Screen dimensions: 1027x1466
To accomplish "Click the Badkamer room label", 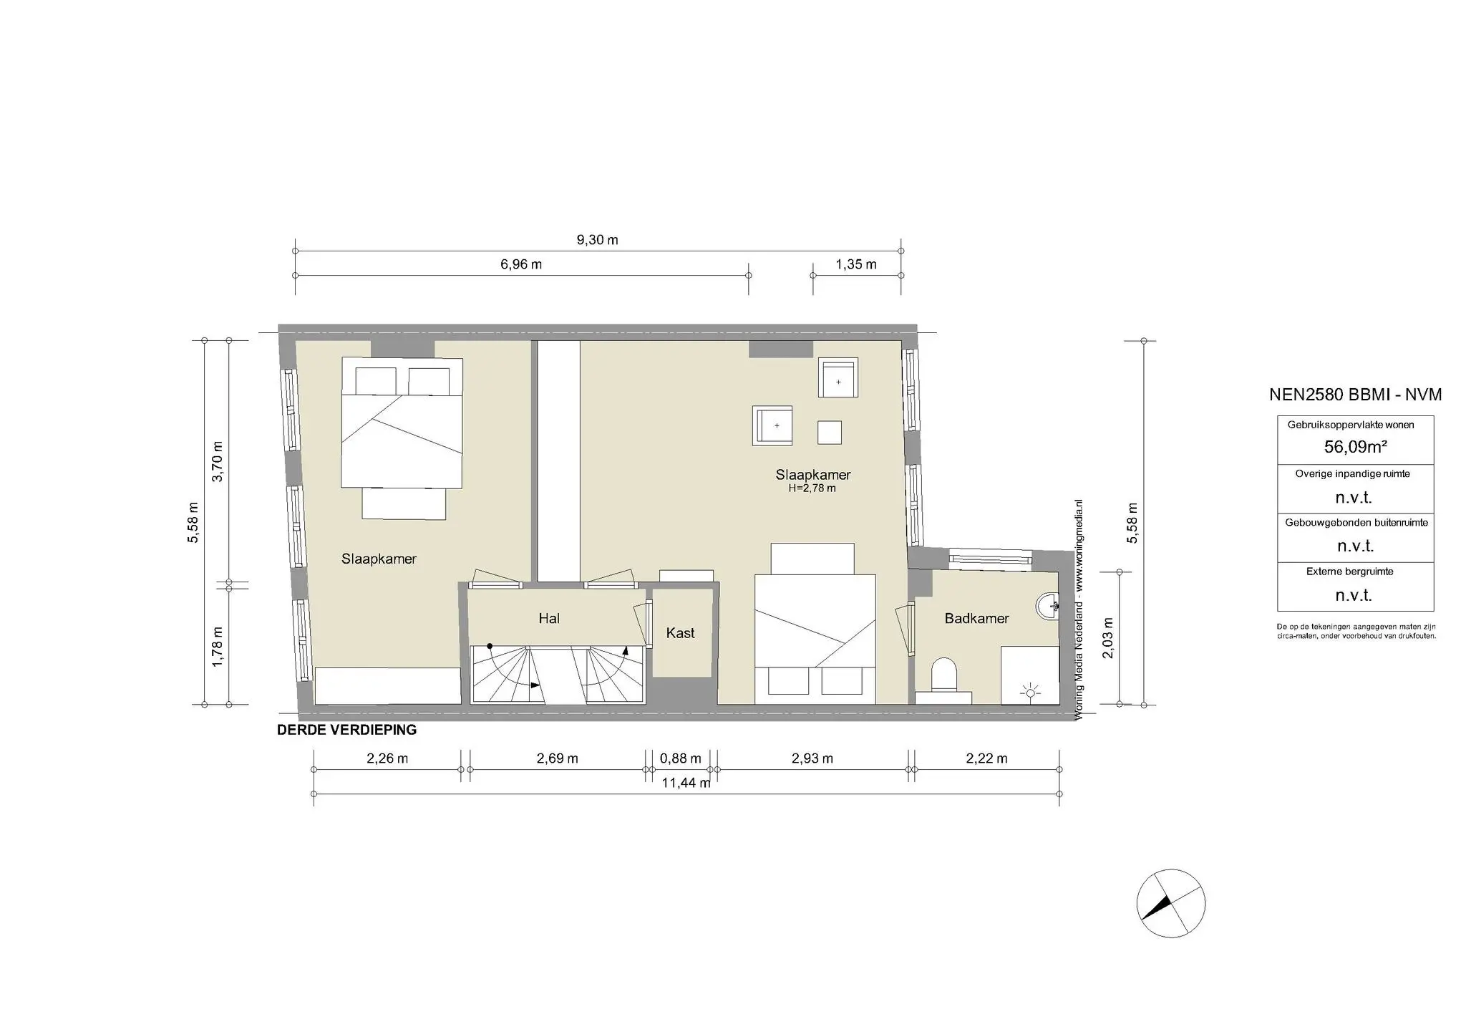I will pos(976,618).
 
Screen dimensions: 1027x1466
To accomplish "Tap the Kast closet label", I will pos(680,633).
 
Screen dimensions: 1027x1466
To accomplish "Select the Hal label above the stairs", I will pos(549,618).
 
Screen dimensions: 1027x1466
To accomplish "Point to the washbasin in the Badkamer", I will pos(1049,606).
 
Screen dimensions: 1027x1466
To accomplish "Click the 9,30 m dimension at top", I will pos(597,240).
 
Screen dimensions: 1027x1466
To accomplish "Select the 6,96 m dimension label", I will pos(520,264).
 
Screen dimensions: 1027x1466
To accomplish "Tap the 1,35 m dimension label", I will pos(855,264).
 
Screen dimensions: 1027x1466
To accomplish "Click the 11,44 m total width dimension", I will pos(686,783).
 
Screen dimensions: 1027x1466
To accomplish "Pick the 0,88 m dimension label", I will pos(680,758).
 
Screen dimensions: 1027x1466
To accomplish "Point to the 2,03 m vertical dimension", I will pos(1109,638).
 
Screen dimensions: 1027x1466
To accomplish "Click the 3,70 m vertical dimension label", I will pos(218,461).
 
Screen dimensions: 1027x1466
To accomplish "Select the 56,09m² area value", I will pos(1355,447).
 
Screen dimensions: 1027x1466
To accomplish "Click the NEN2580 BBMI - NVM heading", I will pos(1355,395).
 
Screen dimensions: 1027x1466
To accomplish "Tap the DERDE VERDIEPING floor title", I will pos(346,731).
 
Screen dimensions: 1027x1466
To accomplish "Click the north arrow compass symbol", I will pos(1171,904).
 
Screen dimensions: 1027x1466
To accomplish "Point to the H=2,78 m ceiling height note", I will pos(812,488).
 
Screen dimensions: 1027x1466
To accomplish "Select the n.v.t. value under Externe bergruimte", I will pos(1354,595).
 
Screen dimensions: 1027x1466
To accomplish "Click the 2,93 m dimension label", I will pos(812,758).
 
